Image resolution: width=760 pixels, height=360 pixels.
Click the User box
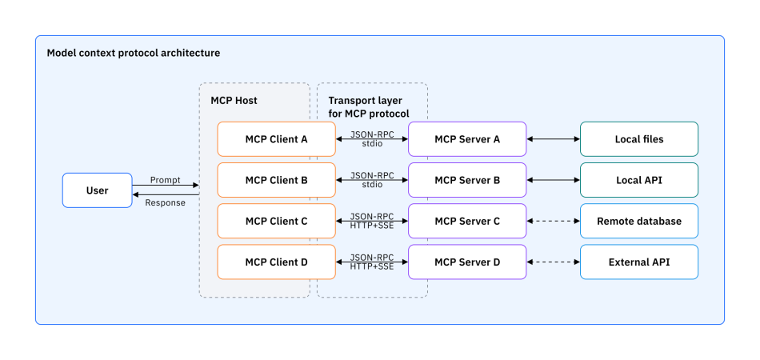pos(98,190)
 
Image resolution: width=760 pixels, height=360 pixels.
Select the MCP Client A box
pos(276,139)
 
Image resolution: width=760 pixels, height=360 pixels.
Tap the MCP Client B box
pos(276,180)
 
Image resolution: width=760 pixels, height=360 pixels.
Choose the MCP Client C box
pos(276,221)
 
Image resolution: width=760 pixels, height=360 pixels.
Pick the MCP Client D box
pos(276,262)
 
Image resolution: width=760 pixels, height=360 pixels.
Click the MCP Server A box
pos(467,139)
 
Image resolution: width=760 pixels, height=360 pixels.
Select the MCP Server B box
pos(467,180)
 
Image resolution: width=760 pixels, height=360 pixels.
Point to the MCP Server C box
pos(467,221)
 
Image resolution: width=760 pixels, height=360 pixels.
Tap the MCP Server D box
pos(467,262)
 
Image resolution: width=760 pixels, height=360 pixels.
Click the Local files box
pos(638,139)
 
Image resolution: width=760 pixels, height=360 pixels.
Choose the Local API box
pos(638,180)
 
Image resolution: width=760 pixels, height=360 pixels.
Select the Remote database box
pos(638,221)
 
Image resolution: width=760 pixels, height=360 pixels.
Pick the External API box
pos(638,262)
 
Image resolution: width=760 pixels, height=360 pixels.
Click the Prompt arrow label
pos(165,180)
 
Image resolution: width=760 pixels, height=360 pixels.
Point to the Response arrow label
pos(165,202)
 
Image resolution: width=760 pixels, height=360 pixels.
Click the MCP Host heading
pos(234,101)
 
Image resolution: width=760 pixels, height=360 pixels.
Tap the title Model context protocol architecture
pos(134,53)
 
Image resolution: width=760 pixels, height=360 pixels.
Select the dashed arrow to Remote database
pos(553,221)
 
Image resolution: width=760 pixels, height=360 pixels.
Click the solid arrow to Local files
pos(553,139)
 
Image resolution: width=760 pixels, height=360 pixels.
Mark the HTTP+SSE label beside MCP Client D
pos(372,266)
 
